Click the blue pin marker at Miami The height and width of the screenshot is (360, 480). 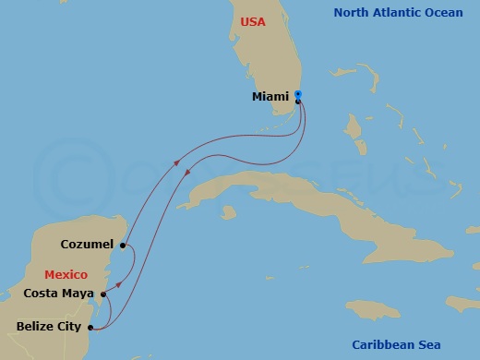pyautogui.click(x=297, y=95)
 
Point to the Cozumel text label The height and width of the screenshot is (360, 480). pyautogui.click(x=88, y=245)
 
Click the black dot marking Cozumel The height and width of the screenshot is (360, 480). pyautogui.click(x=123, y=246)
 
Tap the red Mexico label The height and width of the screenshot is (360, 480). pyautogui.click(x=66, y=274)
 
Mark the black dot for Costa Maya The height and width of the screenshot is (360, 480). pyautogui.click(x=103, y=295)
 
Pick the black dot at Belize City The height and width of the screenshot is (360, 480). pyautogui.click(x=90, y=327)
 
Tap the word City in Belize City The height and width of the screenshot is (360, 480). pyautogui.click(x=69, y=326)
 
